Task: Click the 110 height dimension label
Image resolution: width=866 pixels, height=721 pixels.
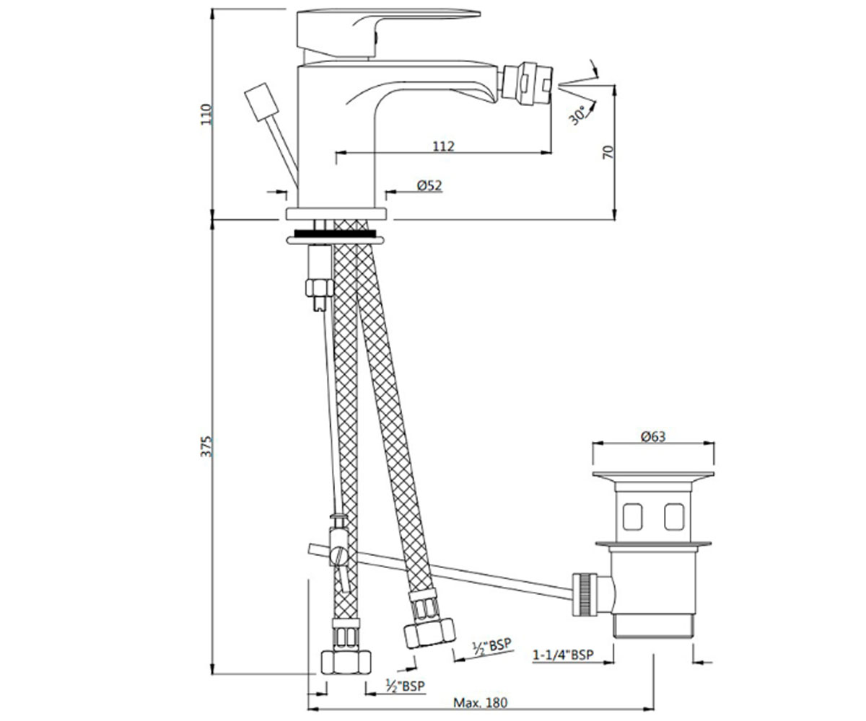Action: (x=206, y=115)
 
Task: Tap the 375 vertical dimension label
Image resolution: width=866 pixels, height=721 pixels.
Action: (x=206, y=447)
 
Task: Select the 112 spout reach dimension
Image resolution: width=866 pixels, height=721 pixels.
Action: (x=443, y=146)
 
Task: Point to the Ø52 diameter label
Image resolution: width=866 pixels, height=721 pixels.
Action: (x=429, y=185)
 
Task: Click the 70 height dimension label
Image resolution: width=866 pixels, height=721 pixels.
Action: (x=608, y=152)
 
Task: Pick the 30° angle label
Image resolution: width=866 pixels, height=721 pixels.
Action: (x=577, y=115)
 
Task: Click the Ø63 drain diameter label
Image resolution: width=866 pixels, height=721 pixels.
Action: (x=653, y=436)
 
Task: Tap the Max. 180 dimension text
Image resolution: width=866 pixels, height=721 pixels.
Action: (x=480, y=703)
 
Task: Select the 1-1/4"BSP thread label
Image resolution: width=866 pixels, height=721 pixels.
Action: (x=563, y=655)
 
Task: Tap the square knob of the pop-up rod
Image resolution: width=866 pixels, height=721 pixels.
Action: (x=261, y=102)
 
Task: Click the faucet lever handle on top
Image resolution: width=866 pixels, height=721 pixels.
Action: (x=388, y=34)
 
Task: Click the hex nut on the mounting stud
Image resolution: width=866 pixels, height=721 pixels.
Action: (x=320, y=288)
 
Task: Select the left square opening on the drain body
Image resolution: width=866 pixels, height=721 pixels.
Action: (x=632, y=516)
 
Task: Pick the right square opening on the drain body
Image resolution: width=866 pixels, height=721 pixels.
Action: (x=674, y=516)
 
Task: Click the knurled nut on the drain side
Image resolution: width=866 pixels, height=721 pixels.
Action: (x=585, y=594)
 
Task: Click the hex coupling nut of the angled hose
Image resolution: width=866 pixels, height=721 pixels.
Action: (x=429, y=633)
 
